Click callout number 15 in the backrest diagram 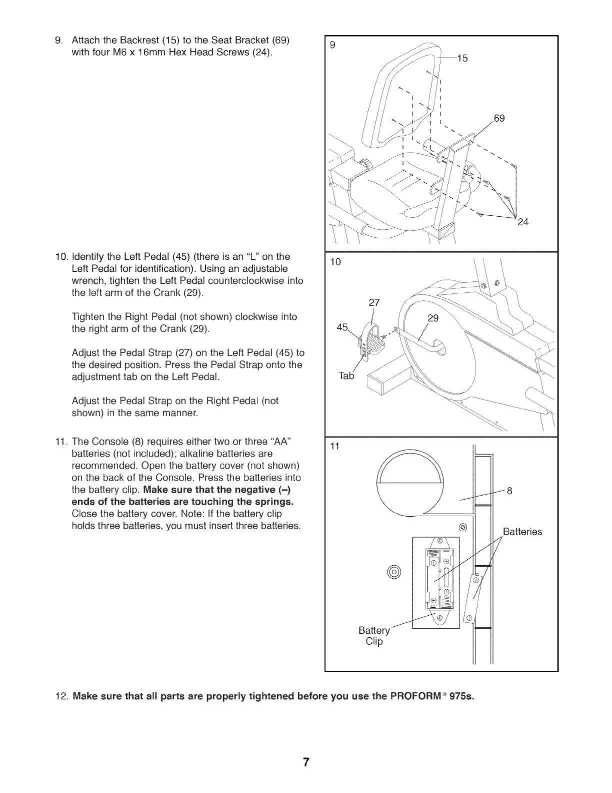click(x=462, y=59)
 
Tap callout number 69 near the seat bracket click(x=499, y=119)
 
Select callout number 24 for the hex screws click(x=522, y=222)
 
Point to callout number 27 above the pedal click(x=374, y=302)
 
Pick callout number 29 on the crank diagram click(x=433, y=319)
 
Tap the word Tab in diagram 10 click(x=346, y=376)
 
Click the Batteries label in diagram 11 click(x=522, y=532)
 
